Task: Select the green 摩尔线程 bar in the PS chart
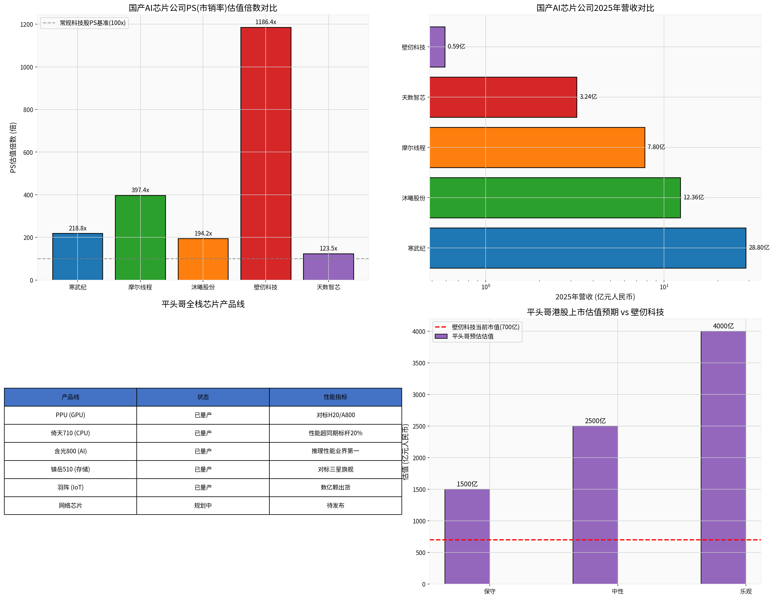coord(140,238)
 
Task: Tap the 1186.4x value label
coord(266,22)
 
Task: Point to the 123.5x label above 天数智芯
coord(328,249)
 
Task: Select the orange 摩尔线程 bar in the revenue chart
coord(537,147)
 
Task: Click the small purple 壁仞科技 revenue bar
coord(437,47)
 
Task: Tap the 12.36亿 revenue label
coord(694,197)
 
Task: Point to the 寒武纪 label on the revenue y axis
coord(416,249)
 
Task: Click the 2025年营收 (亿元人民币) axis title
coord(595,297)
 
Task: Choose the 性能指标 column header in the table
coord(335,397)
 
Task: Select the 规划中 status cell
coord(203,505)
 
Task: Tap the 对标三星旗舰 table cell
coord(335,469)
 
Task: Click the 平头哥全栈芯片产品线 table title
coord(203,304)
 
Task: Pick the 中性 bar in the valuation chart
coord(595,505)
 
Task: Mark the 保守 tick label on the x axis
coord(489,591)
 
